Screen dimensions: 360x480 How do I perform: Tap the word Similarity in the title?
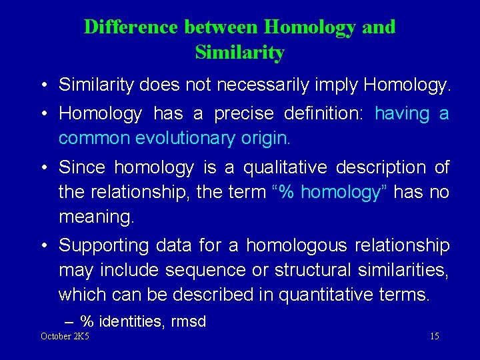pyautogui.click(x=240, y=53)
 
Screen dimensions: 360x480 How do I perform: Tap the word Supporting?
pyautogui.click(x=104, y=245)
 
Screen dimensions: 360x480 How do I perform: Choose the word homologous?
pyautogui.click(x=296, y=245)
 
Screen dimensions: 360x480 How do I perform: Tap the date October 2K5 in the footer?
pyautogui.click(x=65, y=336)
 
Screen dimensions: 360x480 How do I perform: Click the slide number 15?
pyautogui.click(x=434, y=336)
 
